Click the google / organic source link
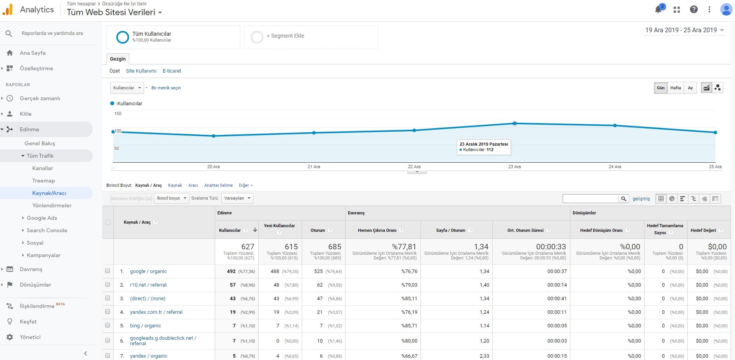tap(148, 271)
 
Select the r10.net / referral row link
tap(148, 285)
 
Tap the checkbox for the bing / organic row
tap(108, 325)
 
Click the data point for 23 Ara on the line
tap(514, 123)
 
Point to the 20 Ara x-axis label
tap(213, 167)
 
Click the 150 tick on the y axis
tap(118, 113)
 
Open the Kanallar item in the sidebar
tap(43, 168)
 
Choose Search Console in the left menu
tap(47, 230)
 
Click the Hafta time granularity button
tap(676, 88)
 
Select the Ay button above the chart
tap(690, 88)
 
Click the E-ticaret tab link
tap(172, 71)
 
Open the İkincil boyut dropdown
tap(172, 198)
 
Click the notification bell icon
tap(659, 10)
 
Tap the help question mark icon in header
tap(694, 10)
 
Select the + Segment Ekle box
tap(311, 37)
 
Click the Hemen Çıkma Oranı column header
tap(377, 230)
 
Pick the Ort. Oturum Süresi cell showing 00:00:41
tap(557, 299)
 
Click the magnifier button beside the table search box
tap(624, 198)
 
